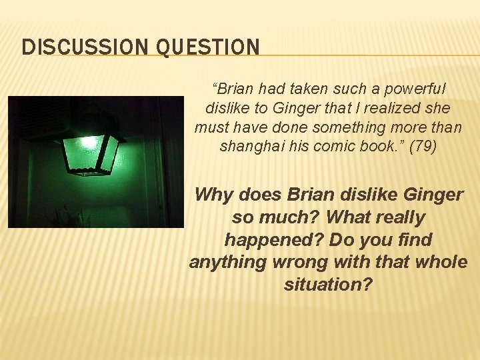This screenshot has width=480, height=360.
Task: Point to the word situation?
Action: pos(328,285)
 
